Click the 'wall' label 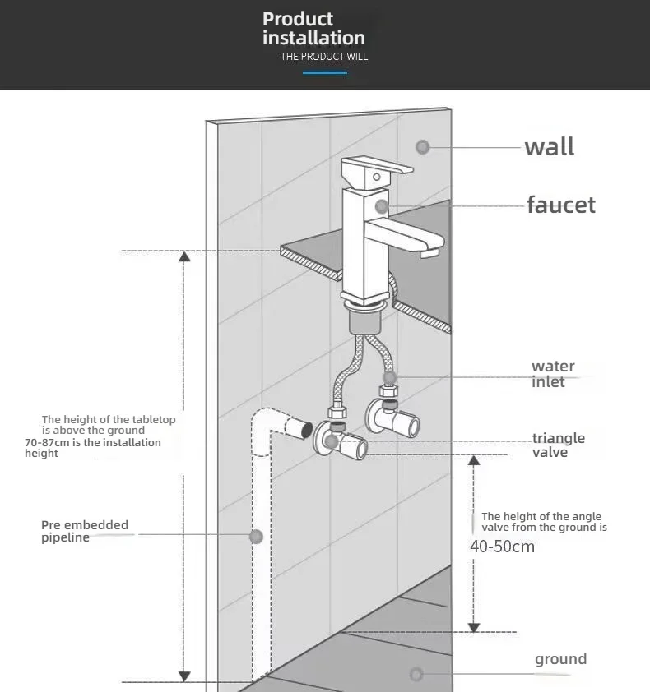pos(550,147)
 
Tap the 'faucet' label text pos(561,205)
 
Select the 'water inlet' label pos(553,374)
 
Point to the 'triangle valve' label pos(558,445)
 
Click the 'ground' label pos(560,659)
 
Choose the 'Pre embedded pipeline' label pos(85,531)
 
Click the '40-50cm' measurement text pos(502,547)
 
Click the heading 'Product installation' pos(313,28)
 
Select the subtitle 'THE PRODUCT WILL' pos(324,57)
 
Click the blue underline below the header pos(325,73)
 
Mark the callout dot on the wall pos(423,147)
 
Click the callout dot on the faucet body pos(382,205)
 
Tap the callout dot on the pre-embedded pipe pos(257,537)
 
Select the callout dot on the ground pos(416,674)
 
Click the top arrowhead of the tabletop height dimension pos(184,256)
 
